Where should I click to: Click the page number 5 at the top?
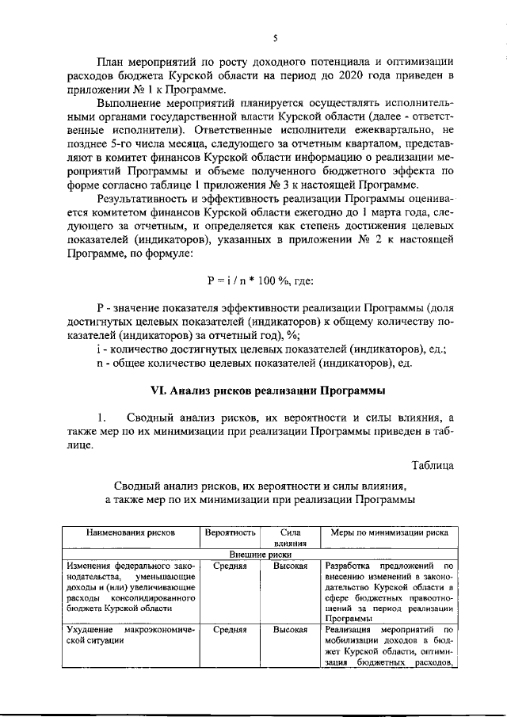point(273,37)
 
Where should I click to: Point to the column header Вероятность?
point(229,532)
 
